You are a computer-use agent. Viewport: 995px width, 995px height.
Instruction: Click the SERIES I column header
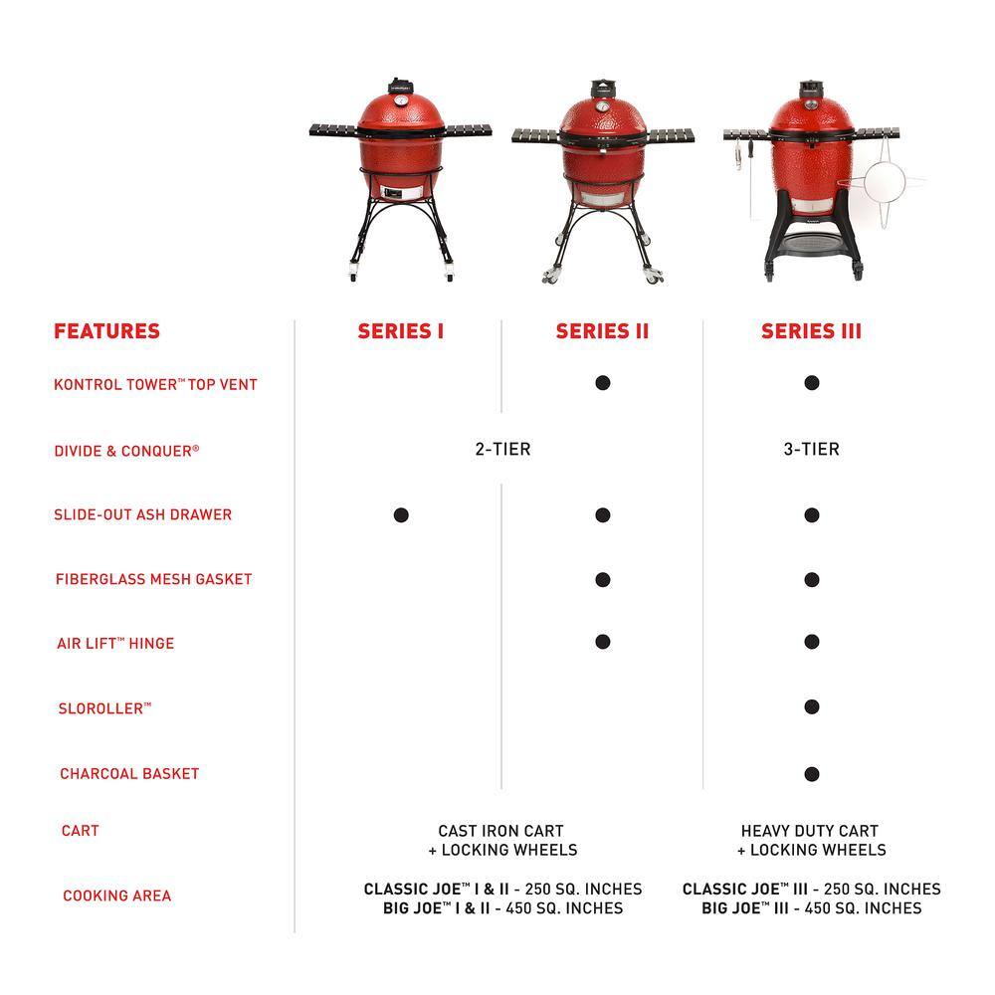[401, 331]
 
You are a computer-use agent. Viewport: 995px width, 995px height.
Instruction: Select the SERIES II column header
[602, 331]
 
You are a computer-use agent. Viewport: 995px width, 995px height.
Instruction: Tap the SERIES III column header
[811, 331]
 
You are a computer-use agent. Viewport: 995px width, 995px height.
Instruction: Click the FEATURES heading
[106, 331]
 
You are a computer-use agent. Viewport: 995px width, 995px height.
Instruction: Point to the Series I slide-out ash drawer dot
[401, 514]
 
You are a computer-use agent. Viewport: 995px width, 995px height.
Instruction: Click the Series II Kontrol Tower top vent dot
[602, 383]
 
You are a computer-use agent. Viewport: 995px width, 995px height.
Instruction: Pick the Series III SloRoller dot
[811, 707]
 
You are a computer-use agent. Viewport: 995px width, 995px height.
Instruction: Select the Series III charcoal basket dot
[811, 773]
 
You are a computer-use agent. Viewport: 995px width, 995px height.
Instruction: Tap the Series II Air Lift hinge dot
[602, 642]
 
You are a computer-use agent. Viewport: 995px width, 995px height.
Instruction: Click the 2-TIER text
[502, 450]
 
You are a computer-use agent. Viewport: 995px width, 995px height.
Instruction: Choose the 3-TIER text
[811, 450]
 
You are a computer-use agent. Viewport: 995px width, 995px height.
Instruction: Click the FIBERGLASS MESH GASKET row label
[153, 579]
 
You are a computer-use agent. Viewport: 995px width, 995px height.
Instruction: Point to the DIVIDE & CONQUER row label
[126, 451]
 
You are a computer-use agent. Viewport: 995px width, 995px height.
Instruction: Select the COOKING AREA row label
[116, 895]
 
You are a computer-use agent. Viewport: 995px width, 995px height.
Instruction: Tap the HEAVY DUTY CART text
[810, 830]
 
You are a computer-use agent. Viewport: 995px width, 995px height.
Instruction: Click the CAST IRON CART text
[500, 830]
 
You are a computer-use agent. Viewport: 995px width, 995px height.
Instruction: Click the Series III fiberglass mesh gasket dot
[811, 579]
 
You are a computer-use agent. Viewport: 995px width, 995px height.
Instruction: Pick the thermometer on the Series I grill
[400, 99]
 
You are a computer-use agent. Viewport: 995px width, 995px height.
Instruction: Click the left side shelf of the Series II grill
[537, 136]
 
